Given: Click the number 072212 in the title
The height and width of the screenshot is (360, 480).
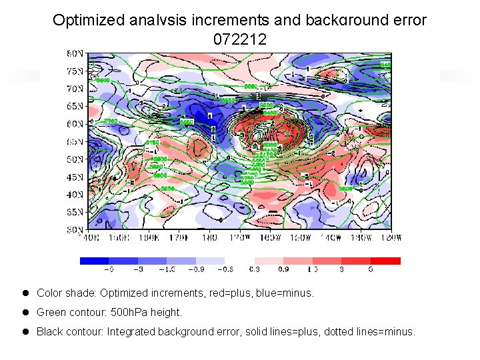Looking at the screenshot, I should coord(240,40).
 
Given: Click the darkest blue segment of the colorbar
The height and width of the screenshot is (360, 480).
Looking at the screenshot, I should coord(94,261).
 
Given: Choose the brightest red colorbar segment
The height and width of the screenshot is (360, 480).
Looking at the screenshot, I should coord(385,261).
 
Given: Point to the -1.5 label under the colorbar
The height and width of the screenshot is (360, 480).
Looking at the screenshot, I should coord(167,270).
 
